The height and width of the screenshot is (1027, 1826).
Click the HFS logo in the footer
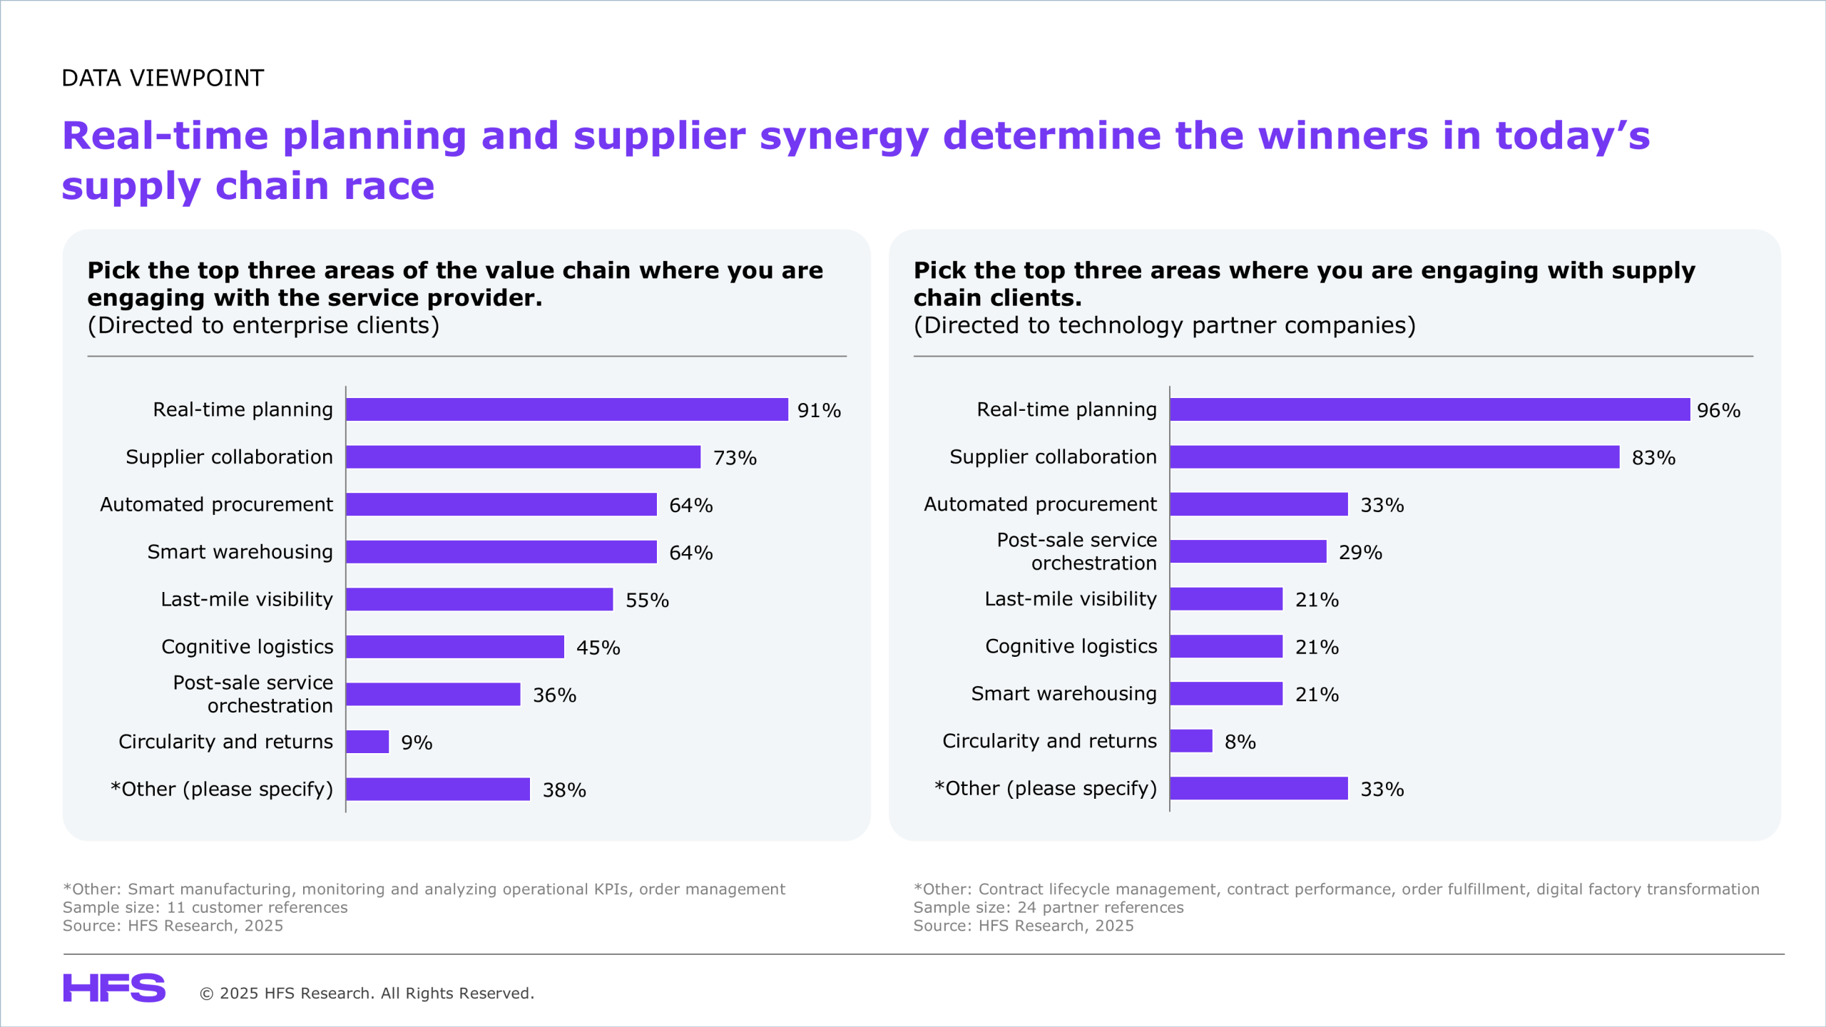114,988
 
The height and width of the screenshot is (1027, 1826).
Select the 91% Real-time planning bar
567,409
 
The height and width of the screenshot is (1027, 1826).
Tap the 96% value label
1718,410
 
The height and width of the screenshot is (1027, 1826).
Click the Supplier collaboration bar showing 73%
523,457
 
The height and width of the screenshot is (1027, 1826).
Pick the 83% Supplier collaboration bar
1394,457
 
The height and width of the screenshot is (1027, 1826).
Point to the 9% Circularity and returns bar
367,742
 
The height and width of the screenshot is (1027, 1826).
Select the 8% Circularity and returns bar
1191,741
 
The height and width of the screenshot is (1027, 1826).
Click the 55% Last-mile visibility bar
479,599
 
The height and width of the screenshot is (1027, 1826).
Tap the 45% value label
598,648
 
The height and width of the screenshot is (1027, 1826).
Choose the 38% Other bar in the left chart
438,789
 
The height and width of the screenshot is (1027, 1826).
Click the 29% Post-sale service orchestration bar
1248,551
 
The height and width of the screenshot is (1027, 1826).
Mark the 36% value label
554,695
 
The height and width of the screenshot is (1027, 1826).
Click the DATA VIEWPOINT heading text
163,78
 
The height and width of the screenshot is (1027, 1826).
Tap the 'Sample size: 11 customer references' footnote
205,907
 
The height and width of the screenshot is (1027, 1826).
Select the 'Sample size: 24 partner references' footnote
1049,907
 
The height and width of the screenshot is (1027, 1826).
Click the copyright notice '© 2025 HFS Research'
367,993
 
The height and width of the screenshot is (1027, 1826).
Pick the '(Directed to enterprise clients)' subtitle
263,325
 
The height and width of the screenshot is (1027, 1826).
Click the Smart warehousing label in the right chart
1064,693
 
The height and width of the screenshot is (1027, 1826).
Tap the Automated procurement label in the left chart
216,504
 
